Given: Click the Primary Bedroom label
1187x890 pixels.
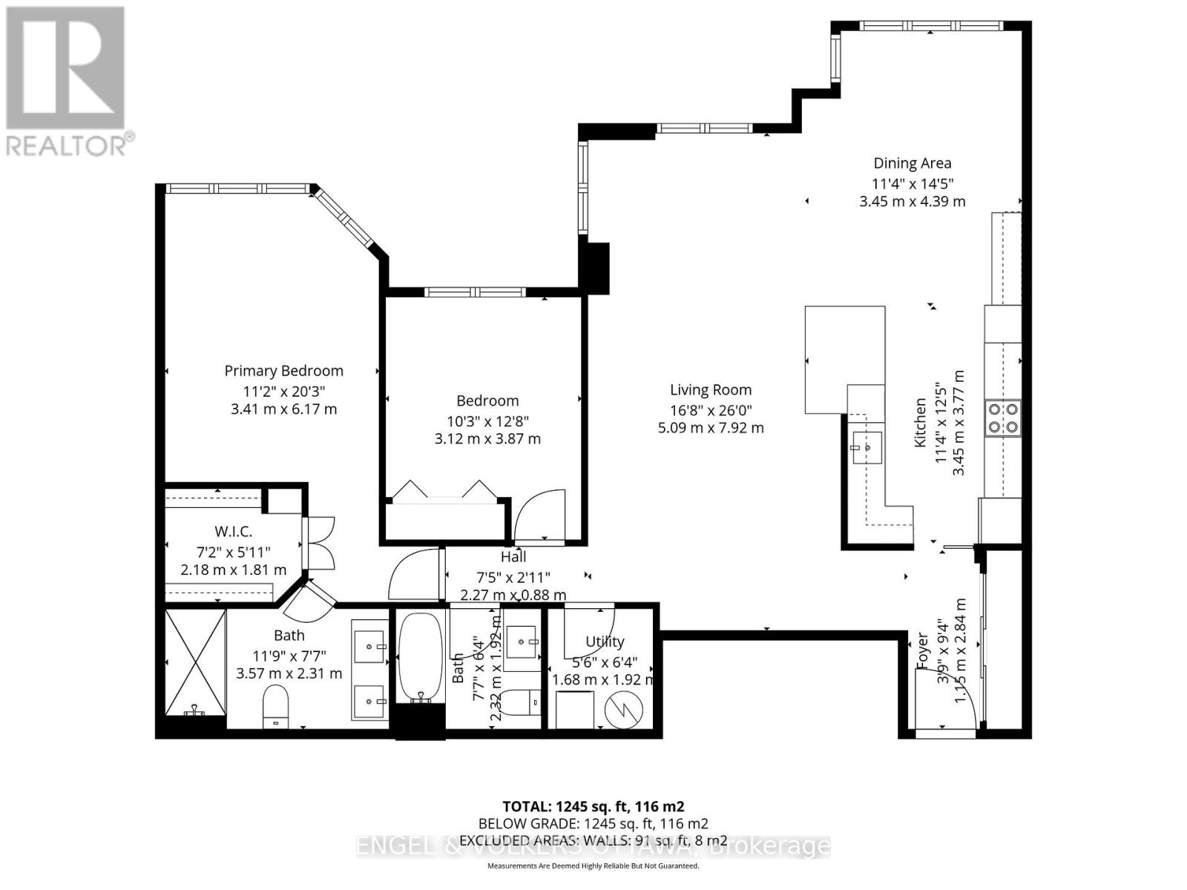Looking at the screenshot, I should click(283, 371).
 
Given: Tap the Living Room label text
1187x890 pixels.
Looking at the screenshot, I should click(711, 390).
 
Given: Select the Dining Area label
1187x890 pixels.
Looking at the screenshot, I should click(912, 163).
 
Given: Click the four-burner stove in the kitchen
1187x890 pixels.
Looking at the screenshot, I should click(1002, 417).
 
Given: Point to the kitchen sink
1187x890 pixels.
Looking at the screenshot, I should click(867, 447).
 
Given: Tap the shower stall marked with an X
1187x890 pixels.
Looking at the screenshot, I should click(195, 662).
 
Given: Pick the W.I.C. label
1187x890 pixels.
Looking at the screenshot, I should click(233, 532).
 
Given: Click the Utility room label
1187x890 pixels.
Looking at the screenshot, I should click(605, 642).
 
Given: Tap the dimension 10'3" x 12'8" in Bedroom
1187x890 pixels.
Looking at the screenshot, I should click(487, 420).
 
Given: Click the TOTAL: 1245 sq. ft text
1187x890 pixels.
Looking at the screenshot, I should click(593, 807).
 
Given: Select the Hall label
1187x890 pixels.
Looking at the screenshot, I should click(513, 557).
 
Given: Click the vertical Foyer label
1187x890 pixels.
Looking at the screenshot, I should click(923, 650).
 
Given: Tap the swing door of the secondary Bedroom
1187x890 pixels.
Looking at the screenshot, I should click(539, 513).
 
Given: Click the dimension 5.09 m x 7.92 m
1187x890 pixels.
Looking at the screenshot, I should click(711, 428).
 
